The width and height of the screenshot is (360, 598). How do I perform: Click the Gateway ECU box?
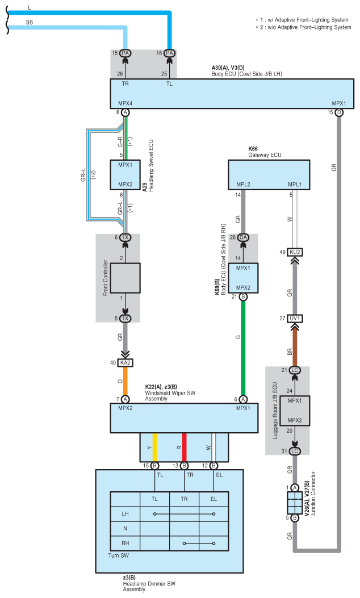click(269, 175)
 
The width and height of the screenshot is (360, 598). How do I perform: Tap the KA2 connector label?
click(125, 363)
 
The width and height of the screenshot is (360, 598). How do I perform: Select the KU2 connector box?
click(295, 252)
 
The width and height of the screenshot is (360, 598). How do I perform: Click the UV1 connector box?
click(295, 319)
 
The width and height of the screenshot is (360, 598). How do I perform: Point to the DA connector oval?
click(243, 237)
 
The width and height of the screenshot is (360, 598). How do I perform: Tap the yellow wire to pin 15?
click(155, 448)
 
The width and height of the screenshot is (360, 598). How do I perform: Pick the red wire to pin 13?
click(184, 448)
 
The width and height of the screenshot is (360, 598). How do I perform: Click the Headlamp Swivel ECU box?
click(125, 175)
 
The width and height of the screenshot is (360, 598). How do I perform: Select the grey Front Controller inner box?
click(125, 278)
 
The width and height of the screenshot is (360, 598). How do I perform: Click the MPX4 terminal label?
click(125, 103)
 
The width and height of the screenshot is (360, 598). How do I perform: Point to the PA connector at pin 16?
click(169, 53)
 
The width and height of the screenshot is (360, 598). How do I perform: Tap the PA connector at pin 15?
click(125, 53)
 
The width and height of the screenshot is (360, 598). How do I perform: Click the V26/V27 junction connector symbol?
click(295, 503)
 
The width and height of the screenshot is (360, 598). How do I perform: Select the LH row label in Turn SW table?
click(125, 514)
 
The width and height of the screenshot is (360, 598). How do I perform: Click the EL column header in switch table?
click(214, 499)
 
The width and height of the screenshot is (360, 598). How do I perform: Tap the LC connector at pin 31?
click(295, 451)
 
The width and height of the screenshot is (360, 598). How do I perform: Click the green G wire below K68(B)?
click(243, 348)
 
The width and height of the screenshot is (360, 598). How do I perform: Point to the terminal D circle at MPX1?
click(339, 112)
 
